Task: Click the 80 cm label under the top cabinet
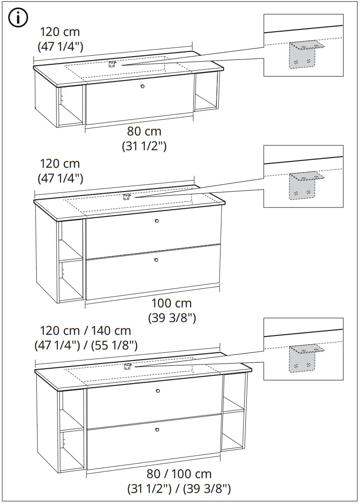pyautogui.click(x=144, y=132)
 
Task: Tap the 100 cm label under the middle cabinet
pyautogui.click(x=171, y=303)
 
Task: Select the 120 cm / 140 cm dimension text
pyautogui.click(x=86, y=331)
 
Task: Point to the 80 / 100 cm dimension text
pyautogui.click(x=179, y=474)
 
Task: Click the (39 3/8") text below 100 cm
pyautogui.click(x=172, y=318)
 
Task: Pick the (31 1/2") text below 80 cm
pyautogui.click(x=144, y=147)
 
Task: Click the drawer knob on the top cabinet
pyautogui.click(x=143, y=86)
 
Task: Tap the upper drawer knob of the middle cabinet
pyautogui.click(x=156, y=221)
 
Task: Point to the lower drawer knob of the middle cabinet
pyautogui.click(x=156, y=260)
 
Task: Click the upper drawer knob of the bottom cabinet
pyautogui.click(x=158, y=391)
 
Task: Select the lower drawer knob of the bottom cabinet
pyautogui.click(x=157, y=429)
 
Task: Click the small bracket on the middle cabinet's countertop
pyautogui.click(x=127, y=197)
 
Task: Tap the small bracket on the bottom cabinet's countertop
pyautogui.click(x=128, y=367)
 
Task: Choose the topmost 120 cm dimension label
pyautogui.click(x=60, y=32)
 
